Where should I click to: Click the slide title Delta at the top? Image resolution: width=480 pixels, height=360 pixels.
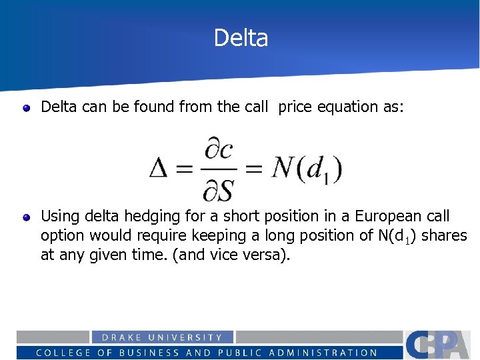coord(241,38)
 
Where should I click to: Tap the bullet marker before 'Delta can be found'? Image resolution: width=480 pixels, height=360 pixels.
coord(26,107)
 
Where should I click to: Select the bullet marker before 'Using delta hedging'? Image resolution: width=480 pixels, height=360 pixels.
coord(26,217)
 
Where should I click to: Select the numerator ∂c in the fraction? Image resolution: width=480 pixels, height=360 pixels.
coord(218,150)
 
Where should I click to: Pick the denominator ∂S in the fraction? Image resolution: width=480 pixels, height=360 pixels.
coord(218,191)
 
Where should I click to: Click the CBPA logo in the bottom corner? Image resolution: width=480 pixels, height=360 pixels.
coord(441,344)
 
